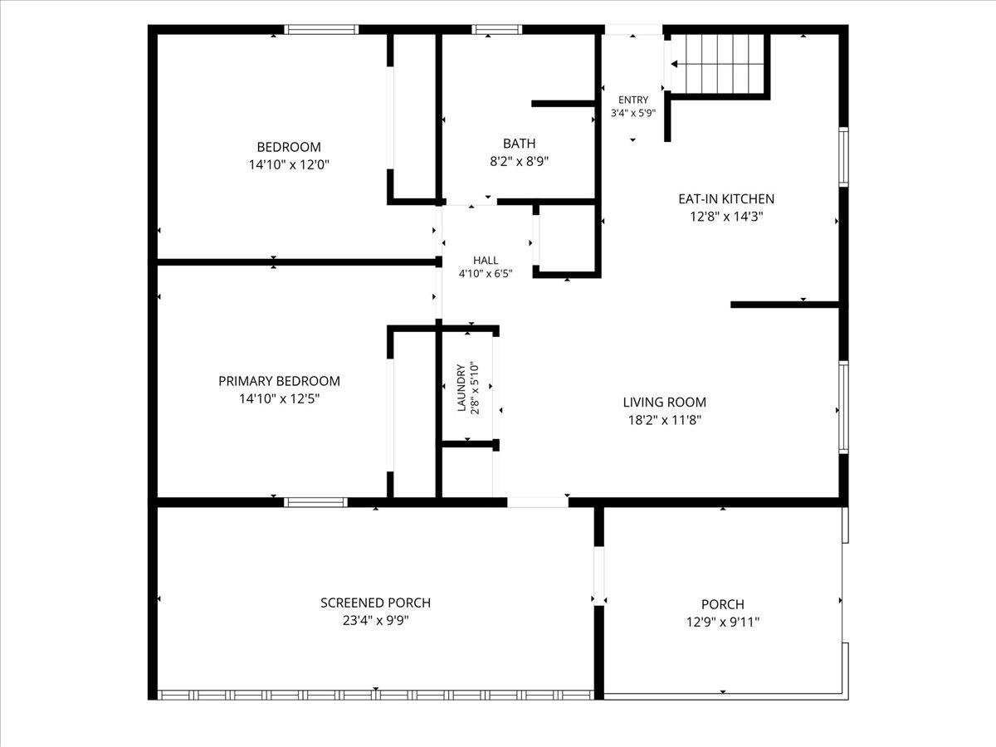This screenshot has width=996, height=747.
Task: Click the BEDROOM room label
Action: coord(289,147)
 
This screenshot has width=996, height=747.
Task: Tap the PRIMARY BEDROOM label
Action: coord(279,381)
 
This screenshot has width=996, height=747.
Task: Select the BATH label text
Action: coord(519,144)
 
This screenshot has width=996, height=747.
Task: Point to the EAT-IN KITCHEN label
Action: coord(726,198)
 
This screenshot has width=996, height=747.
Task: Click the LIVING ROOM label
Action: coord(664,403)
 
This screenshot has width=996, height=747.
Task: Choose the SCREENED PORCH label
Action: coord(375,603)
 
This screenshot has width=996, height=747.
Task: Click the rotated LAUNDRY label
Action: coord(461,388)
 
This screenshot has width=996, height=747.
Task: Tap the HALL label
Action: coord(486,261)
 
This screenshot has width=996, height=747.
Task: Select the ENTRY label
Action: coord(633,100)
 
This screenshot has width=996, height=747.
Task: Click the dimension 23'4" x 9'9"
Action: coord(376,620)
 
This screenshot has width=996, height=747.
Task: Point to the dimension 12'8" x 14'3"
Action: coord(726,217)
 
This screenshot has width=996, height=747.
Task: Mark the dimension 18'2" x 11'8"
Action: coord(664,420)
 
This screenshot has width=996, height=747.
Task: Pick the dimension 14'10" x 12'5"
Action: coord(280,398)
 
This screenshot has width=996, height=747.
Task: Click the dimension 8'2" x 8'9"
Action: coord(519,161)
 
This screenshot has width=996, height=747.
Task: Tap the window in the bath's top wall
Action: coord(497,30)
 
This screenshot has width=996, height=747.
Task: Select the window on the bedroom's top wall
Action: coord(321,30)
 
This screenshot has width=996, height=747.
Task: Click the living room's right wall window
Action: coord(843,408)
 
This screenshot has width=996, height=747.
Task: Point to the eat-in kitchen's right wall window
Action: coord(843,157)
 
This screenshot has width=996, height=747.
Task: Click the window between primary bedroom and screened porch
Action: coord(316,502)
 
